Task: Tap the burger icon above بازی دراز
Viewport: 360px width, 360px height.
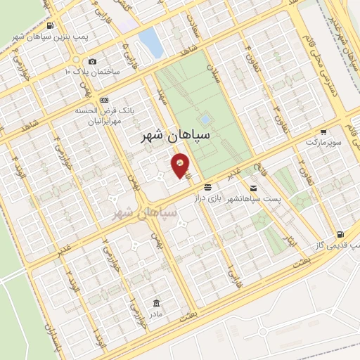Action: pos(207,188)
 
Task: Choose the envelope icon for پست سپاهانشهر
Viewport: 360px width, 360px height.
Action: pos(252,188)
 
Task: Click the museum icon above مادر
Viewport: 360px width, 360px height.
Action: pos(156,303)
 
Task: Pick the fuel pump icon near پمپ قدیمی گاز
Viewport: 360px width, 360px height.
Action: pos(341,234)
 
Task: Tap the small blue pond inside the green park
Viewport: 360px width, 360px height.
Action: pos(205,120)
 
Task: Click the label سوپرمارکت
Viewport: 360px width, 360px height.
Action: pos(323,142)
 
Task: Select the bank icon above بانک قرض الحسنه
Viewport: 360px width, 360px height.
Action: pos(104,99)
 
